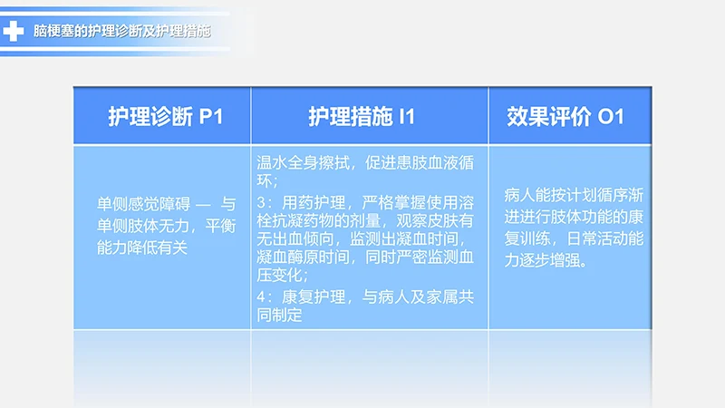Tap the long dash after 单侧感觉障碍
202,206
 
